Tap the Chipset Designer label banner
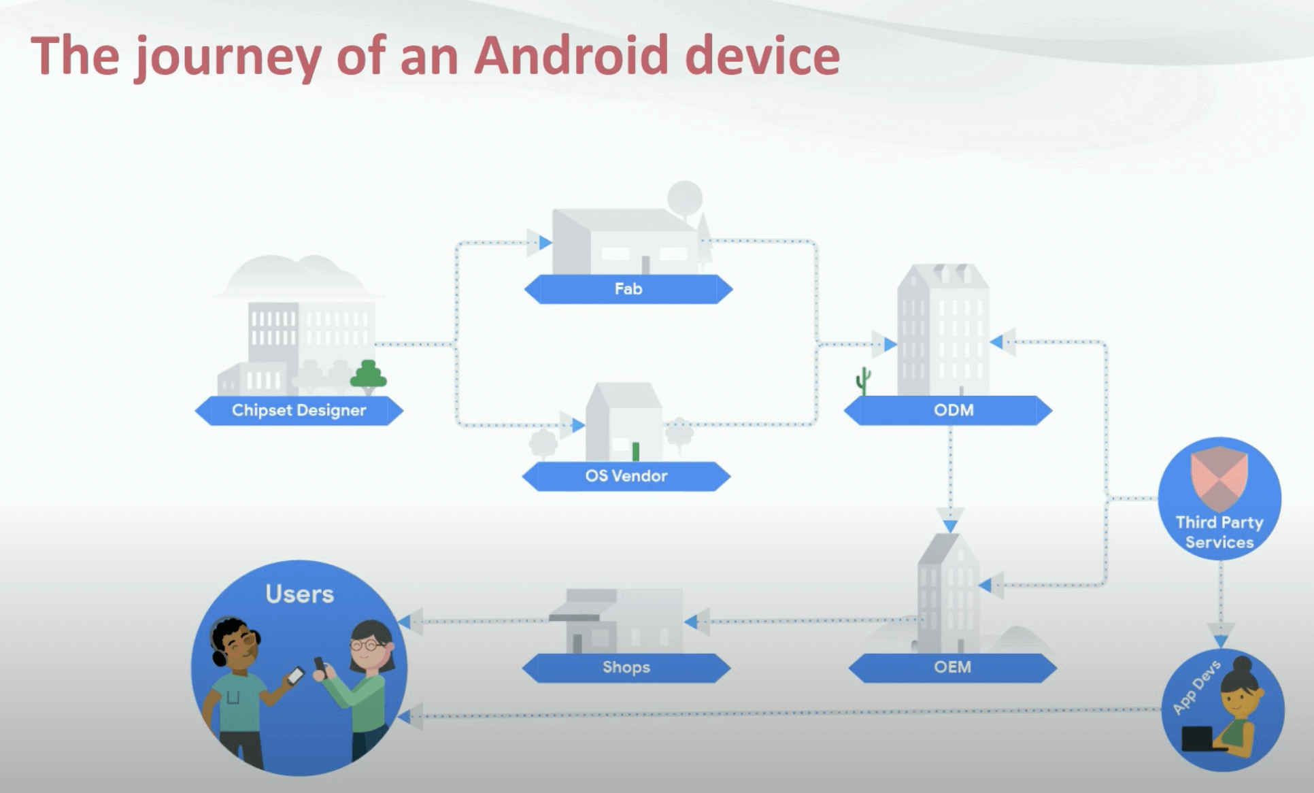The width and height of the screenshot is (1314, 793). click(299, 411)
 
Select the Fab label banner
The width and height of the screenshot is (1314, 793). click(628, 289)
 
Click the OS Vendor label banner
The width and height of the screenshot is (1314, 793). click(626, 476)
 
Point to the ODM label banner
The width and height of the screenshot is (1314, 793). click(954, 411)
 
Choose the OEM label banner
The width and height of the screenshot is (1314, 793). click(952, 667)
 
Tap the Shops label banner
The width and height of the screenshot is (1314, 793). click(626, 667)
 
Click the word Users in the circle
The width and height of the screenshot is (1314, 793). click(299, 594)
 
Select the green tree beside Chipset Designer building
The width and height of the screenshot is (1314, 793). click(368, 375)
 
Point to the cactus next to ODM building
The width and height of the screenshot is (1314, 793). click(863, 380)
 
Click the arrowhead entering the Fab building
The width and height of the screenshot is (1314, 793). click(545, 242)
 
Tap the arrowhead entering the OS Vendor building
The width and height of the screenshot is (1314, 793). click(577, 426)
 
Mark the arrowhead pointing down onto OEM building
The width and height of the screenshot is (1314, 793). click(950, 525)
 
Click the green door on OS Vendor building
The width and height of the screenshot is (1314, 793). click(636, 451)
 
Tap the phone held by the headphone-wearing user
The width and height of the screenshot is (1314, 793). click(295, 675)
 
